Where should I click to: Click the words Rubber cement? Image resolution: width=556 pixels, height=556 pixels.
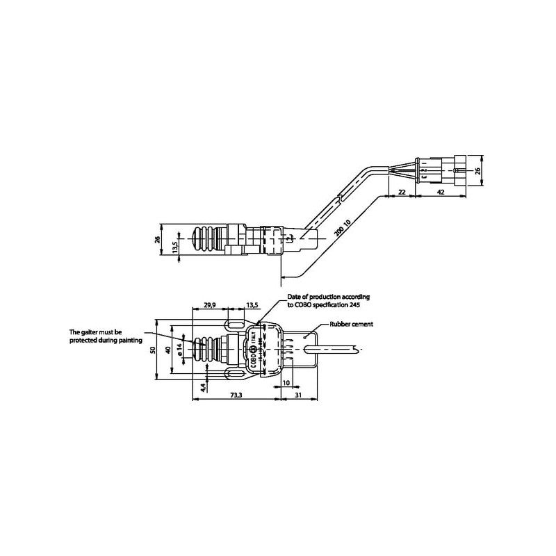[x=353, y=324]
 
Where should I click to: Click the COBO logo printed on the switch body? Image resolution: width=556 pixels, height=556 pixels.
[x=254, y=352]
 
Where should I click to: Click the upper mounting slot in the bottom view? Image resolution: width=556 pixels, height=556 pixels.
[x=235, y=325]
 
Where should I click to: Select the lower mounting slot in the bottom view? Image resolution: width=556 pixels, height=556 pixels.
[x=235, y=375]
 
